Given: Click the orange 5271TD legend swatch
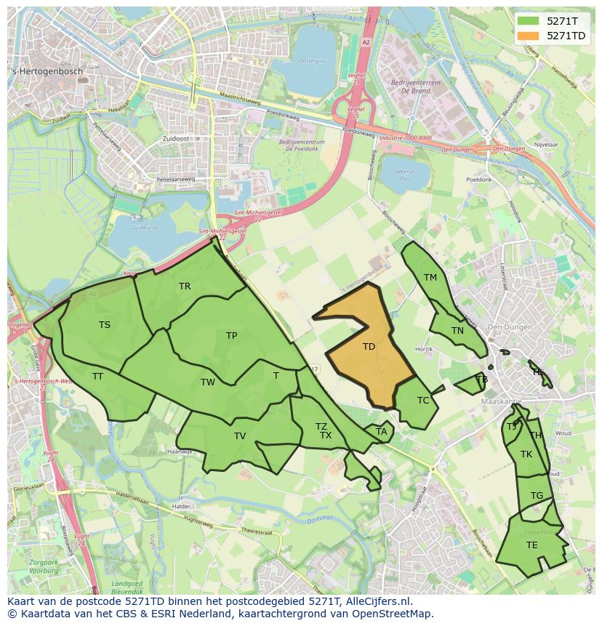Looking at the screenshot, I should coord(529,36).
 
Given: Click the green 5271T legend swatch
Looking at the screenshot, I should coord(529,21).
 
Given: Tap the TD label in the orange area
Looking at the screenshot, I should coord(369,347).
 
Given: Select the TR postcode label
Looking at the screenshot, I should coord(185,286).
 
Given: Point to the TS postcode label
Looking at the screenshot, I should coord(105,325).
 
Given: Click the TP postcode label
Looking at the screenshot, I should coord(231,336).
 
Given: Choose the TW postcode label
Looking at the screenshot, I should coord(208,382).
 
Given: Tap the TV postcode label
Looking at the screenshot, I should coord(240,436).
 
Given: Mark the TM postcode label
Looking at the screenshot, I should coord(430,278).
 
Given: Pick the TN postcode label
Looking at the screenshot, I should coord(457,331).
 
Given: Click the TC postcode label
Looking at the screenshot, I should coord(423,401).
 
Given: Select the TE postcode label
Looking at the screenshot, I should coord(532,545).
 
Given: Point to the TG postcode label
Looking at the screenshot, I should coord(537,496).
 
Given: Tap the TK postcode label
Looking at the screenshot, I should coord(526,454).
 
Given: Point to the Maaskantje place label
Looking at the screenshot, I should coord(502,401).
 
